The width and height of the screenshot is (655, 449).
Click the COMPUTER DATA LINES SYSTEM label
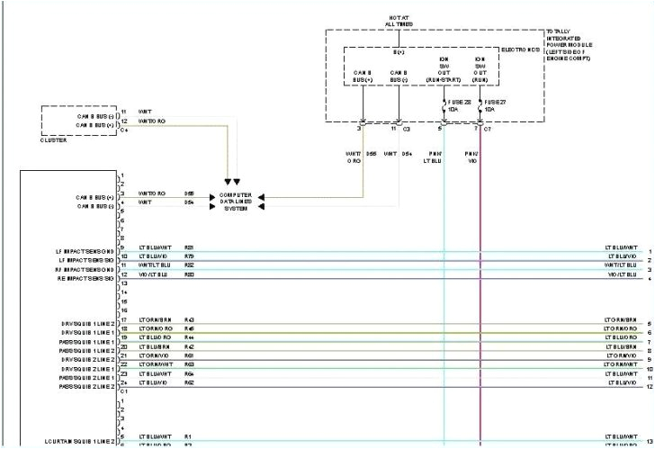tap(235, 199)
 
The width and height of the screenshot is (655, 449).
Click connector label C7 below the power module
tap(488, 130)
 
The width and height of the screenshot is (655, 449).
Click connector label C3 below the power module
tap(407, 130)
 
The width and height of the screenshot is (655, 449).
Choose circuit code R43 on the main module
tap(189, 320)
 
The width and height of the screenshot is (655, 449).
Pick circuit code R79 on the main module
tap(189, 257)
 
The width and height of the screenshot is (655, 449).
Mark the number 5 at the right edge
tap(649, 323)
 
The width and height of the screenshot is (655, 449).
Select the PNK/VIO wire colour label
tap(471, 158)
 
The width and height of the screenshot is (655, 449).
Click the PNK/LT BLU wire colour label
tap(435, 158)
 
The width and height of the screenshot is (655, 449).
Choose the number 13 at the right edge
tap(648, 441)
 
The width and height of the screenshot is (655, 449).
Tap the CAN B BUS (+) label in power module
tap(362, 75)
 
